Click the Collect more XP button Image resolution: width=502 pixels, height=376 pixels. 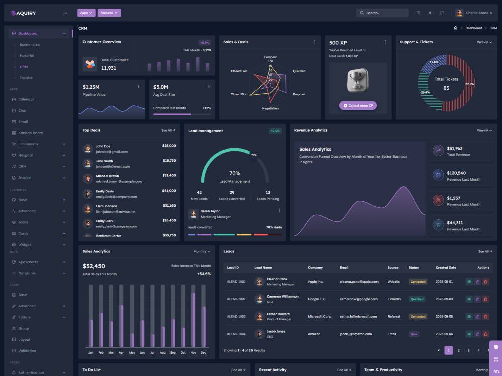(358, 106)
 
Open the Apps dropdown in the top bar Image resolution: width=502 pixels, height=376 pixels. (86, 13)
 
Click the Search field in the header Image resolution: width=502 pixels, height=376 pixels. (383, 13)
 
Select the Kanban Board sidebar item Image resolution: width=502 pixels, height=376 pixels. (30, 133)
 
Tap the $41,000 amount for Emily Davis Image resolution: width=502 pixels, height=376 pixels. (169, 191)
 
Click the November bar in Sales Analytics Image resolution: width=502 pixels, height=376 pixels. (193, 319)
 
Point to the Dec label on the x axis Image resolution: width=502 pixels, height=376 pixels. (203, 353)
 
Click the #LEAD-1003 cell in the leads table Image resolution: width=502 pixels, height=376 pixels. (236, 317)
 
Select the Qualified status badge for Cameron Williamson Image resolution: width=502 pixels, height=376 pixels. (417, 299)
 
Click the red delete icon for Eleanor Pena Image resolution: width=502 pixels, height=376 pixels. (485, 282)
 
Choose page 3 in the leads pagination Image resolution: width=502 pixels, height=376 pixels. (468, 350)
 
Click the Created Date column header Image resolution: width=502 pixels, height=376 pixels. (446, 268)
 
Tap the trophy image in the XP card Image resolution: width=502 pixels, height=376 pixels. (358, 80)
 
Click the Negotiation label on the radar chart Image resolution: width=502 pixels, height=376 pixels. (270, 108)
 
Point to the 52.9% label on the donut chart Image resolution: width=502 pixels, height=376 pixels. (469, 84)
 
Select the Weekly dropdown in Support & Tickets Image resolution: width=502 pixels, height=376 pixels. (484, 42)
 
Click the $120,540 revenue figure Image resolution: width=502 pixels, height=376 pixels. (456, 173)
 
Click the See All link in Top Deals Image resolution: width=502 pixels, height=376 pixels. (168, 130)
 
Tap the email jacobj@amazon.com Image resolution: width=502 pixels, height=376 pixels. (356, 334)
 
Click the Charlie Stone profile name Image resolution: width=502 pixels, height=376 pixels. (477, 13)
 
